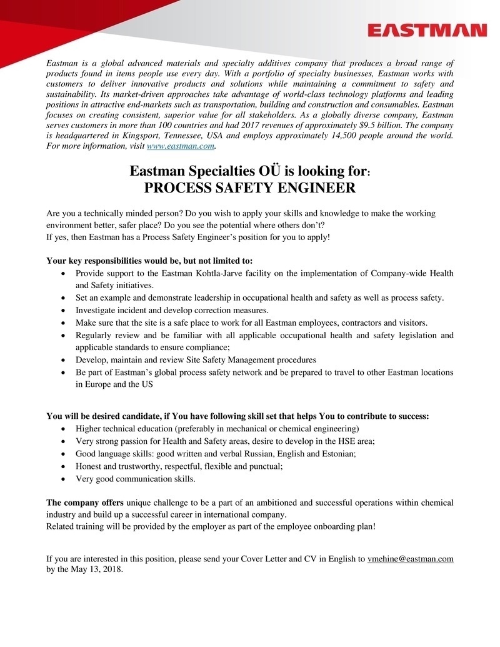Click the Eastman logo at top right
tap(427, 31)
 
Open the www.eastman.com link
tap(181, 146)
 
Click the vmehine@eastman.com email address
tap(410, 559)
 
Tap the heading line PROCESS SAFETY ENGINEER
tap(249, 188)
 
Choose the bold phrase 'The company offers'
tap(86, 503)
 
